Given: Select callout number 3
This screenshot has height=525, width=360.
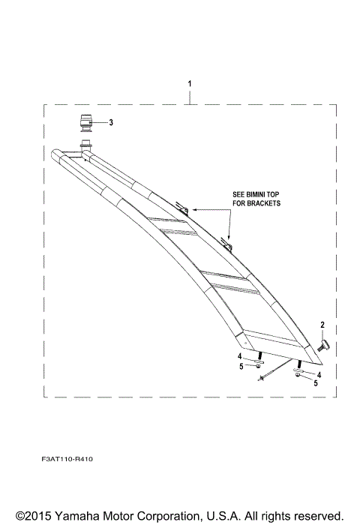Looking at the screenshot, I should click(111, 122).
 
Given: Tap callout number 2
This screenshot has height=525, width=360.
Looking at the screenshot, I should click(322, 324).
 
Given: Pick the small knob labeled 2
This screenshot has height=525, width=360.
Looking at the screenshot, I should click(325, 346).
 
